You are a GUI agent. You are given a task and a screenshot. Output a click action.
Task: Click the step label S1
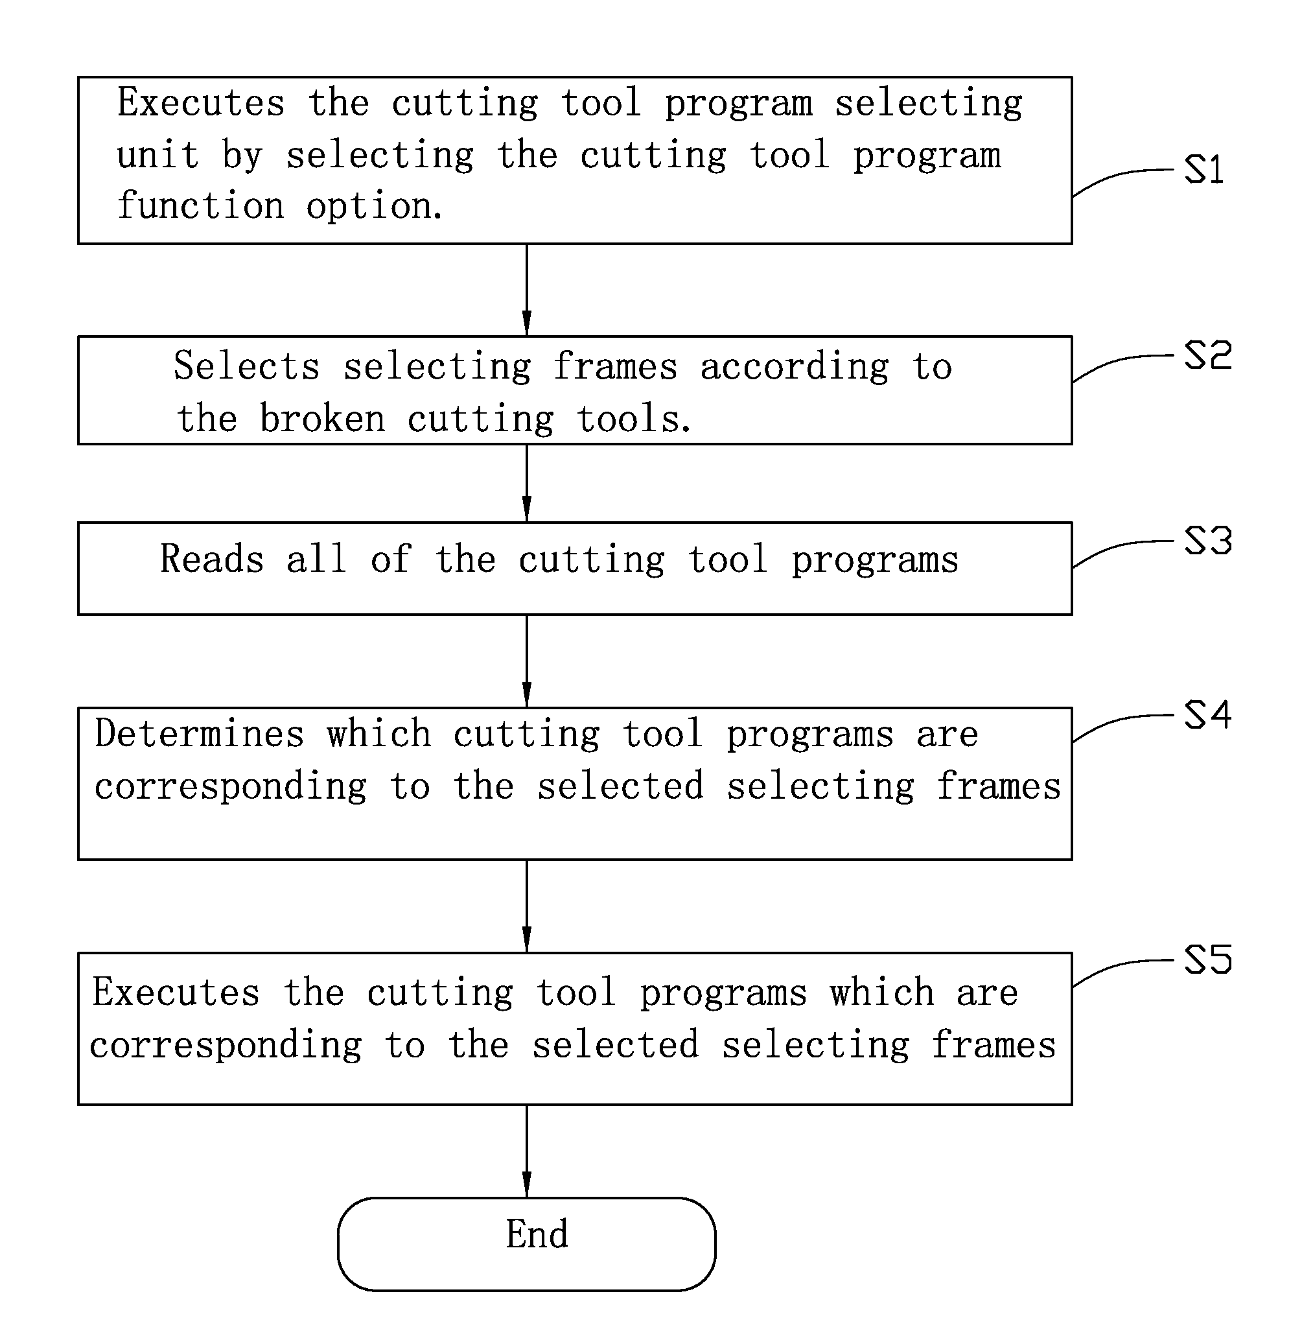[x=1203, y=169]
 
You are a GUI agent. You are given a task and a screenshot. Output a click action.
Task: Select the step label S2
[x=1208, y=355]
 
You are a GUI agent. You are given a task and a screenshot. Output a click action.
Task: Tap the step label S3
[x=1208, y=541]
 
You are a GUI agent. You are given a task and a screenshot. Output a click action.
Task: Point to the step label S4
[x=1208, y=715]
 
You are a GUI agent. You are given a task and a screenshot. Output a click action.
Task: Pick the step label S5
[x=1208, y=960]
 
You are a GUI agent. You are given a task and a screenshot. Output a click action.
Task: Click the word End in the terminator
[x=537, y=1234]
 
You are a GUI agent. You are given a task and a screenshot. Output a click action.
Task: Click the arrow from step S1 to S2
[x=526, y=290]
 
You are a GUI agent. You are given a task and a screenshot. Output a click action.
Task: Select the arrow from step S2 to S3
[x=526, y=484]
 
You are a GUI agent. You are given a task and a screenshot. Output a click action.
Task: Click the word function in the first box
[x=200, y=206]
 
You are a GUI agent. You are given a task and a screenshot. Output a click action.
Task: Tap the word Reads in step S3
[x=212, y=559]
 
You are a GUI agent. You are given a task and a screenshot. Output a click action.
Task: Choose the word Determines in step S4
[x=199, y=734]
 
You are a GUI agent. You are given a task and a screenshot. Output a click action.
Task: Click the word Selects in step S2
[x=246, y=366]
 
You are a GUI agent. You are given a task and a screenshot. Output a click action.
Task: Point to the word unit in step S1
[x=158, y=156]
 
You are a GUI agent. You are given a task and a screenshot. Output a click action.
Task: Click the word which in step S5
[x=882, y=992]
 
